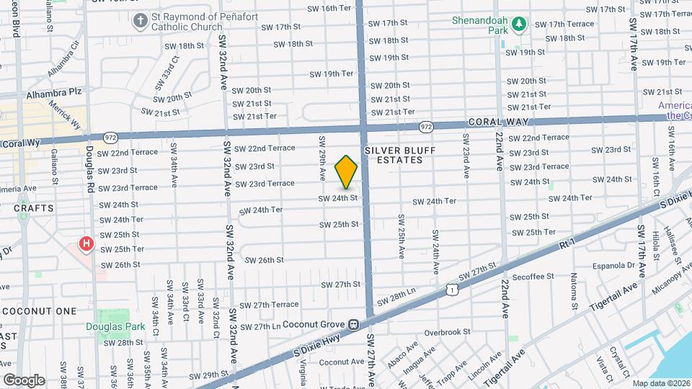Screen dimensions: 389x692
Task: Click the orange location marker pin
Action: [x=347, y=171]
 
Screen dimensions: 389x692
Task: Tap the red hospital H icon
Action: [x=86, y=244]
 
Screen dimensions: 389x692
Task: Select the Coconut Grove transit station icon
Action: [x=354, y=324]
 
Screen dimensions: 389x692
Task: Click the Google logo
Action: [x=23, y=380]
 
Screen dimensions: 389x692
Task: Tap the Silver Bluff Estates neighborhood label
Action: [x=394, y=154]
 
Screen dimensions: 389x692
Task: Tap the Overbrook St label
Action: [x=447, y=332]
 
